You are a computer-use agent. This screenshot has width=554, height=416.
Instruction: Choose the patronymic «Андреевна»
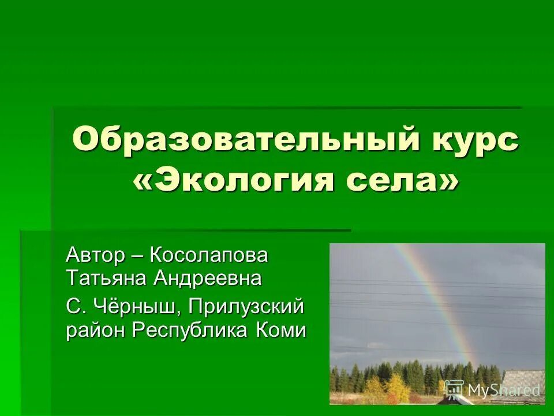click(x=208, y=278)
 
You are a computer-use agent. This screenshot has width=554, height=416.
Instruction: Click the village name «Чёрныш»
click(x=137, y=306)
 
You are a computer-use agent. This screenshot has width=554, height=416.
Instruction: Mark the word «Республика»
click(x=190, y=330)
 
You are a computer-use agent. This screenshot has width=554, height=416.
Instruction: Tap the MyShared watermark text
click(x=503, y=390)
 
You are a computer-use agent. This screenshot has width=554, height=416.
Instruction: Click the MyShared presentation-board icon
click(x=454, y=389)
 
